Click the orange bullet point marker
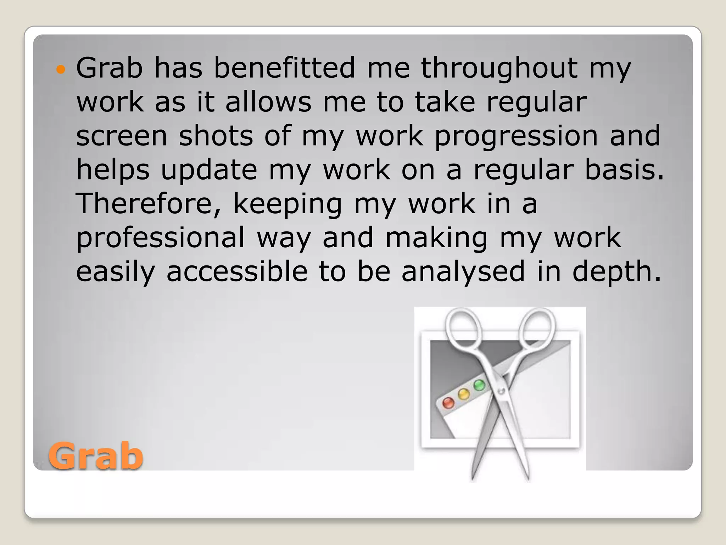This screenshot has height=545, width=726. coord(61,69)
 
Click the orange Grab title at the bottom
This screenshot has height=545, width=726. coord(96,456)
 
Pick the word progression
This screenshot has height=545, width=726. coord(516,136)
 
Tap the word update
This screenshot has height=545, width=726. coord(209,170)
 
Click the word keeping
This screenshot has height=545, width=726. coord(287,204)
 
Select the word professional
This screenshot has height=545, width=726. coord(160,238)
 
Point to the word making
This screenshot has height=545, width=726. coord(436,238)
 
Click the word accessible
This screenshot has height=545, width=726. coord(237,271)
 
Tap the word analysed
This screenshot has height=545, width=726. coord(463,271)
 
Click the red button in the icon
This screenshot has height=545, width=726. coord(448,403)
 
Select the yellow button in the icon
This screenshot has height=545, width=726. coord(464,394)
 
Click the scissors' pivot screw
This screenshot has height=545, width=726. coord(501,391)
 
